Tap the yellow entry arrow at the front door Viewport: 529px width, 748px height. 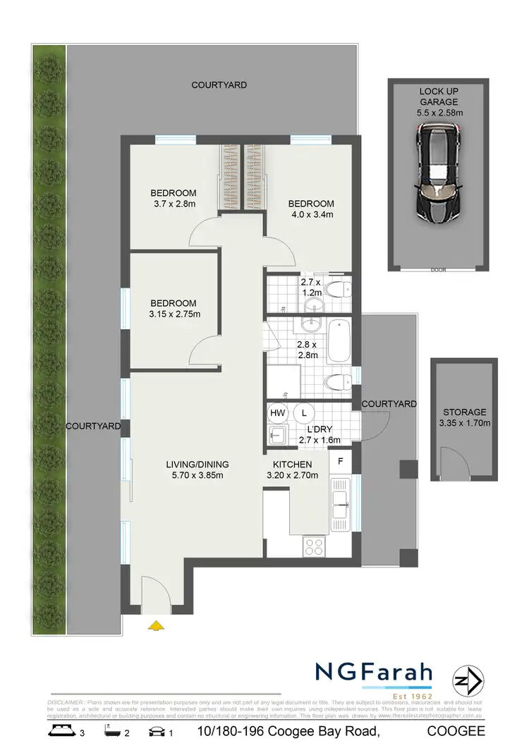point(155,625)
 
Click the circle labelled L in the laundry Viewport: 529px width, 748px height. point(305,412)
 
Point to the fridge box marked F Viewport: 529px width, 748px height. point(341,462)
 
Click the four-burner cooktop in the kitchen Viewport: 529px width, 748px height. point(313,546)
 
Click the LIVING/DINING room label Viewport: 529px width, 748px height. point(197,464)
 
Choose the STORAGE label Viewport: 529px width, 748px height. point(464,412)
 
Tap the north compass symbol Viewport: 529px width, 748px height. point(466,682)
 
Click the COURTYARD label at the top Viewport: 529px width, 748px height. point(219,85)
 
